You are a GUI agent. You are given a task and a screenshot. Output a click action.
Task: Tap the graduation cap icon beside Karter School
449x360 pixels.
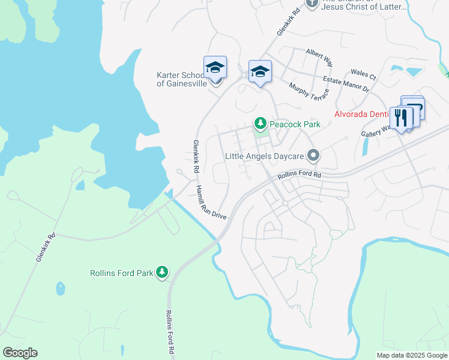(x=214, y=68)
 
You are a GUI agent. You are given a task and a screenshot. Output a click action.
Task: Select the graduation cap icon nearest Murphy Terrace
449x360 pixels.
(x=260, y=72)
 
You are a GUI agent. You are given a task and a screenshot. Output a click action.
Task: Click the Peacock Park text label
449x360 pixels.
(x=295, y=124)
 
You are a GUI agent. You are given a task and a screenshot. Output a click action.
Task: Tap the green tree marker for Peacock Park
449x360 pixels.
(x=260, y=124)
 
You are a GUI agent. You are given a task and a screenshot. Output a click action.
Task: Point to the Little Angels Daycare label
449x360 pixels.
(x=265, y=156)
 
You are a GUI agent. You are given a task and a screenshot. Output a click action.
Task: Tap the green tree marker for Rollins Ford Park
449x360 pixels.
(x=161, y=272)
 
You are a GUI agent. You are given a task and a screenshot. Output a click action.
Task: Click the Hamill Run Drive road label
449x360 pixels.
(x=210, y=202)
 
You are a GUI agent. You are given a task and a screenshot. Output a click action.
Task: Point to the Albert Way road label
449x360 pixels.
(x=319, y=57)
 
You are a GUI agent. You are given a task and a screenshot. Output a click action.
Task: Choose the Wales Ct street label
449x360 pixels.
(x=364, y=76)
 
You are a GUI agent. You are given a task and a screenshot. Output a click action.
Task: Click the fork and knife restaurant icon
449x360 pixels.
(x=402, y=117)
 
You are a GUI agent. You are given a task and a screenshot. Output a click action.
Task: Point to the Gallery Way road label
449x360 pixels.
(x=376, y=131)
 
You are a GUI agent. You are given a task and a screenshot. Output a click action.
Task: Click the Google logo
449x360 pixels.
(x=20, y=353)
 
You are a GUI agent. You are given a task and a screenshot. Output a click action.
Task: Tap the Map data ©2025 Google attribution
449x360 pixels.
(x=412, y=355)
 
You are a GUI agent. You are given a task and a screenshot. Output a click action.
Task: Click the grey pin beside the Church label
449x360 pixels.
(x=312, y=4)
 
